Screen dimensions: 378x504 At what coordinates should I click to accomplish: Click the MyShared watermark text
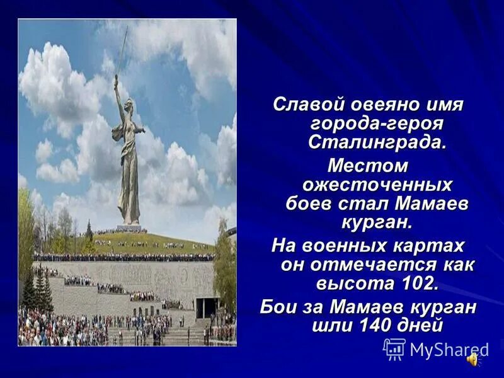coord(449,350)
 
